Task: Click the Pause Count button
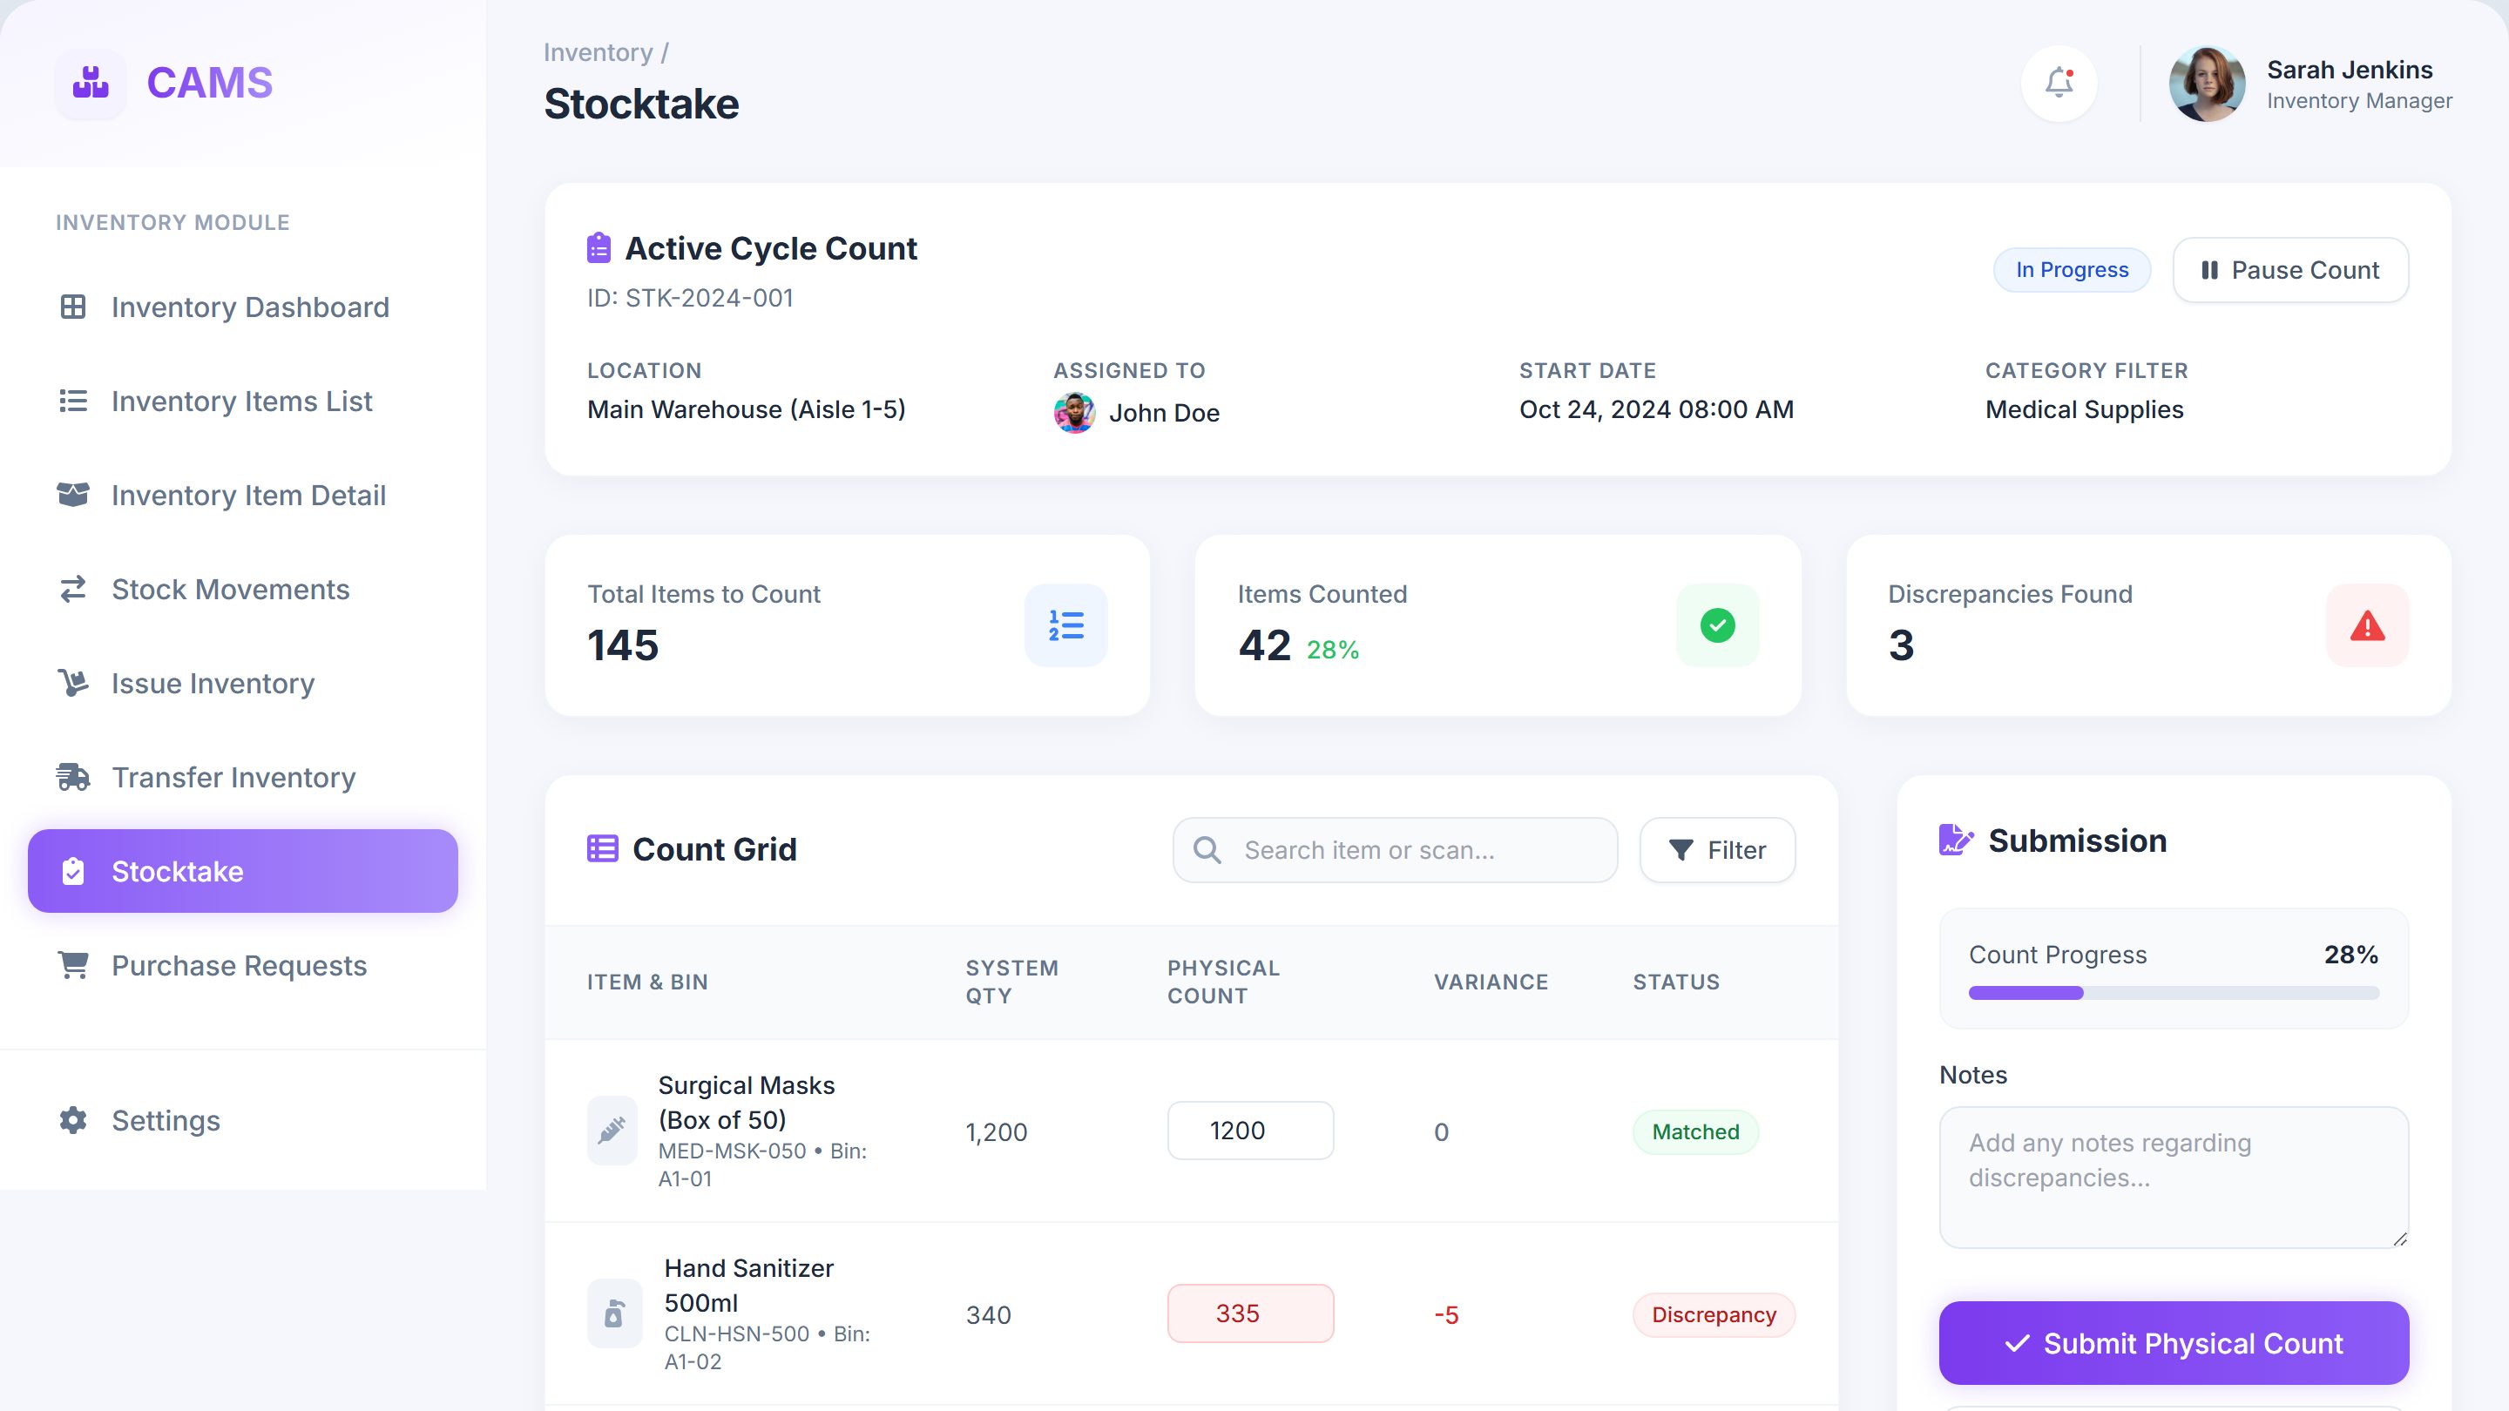tap(2289, 270)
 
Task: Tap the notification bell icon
tap(2059, 83)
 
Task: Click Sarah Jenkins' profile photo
tap(2207, 84)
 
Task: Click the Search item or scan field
tap(1395, 850)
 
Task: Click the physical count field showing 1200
tap(1251, 1131)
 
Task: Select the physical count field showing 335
tap(1251, 1313)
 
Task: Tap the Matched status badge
tap(1695, 1131)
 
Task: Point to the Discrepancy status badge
tap(1714, 1314)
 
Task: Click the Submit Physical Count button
tap(2174, 1343)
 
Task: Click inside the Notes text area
tap(2174, 1178)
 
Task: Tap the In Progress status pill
tap(2072, 270)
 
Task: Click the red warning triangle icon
tap(2368, 626)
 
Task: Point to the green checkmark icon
tap(1718, 625)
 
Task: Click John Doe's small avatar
tap(1074, 413)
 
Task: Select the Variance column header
tap(1491, 982)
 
